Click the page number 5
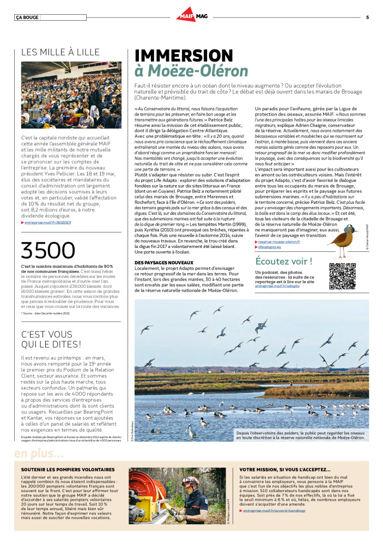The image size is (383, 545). coord(367,17)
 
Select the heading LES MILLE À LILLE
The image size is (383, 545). coord(60,52)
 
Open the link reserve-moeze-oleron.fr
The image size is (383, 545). coord(279,241)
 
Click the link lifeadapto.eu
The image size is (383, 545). coord(272,247)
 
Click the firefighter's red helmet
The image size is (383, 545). coord(190,482)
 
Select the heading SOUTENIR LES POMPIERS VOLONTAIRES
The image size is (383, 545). coord(68,469)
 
